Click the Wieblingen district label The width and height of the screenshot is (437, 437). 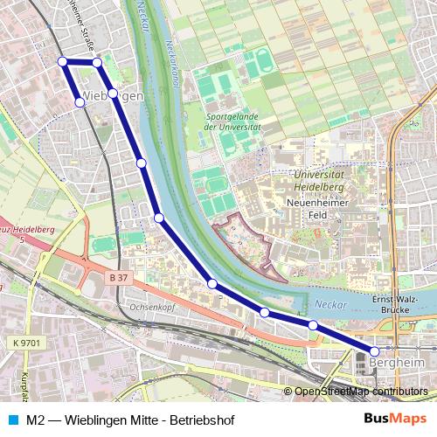click(x=112, y=95)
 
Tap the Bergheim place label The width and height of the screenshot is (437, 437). click(x=397, y=361)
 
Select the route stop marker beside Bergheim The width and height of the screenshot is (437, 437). click(x=375, y=350)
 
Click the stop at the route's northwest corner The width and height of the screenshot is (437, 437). click(x=62, y=61)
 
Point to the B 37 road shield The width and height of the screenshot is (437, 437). click(x=119, y=277)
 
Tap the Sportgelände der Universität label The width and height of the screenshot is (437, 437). click(x=232, y=121)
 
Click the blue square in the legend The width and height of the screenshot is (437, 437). click(x=10, y=420)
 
